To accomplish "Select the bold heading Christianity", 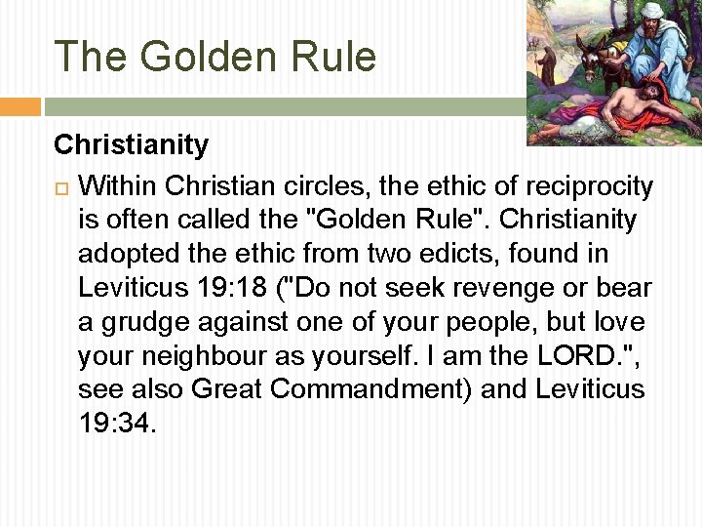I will [131, 145].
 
